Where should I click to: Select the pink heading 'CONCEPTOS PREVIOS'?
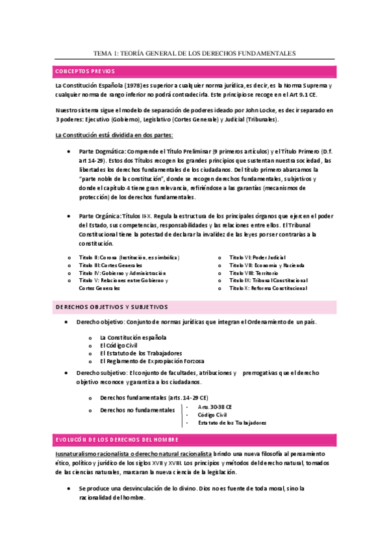(x=85, y=71)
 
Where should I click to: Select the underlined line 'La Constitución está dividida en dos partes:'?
(x=114, y=135)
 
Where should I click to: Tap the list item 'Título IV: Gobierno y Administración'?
(x=122, y=273)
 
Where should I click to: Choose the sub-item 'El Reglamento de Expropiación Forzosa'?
(x=152, y=361)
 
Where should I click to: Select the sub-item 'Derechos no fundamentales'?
(x=138, y=411)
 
